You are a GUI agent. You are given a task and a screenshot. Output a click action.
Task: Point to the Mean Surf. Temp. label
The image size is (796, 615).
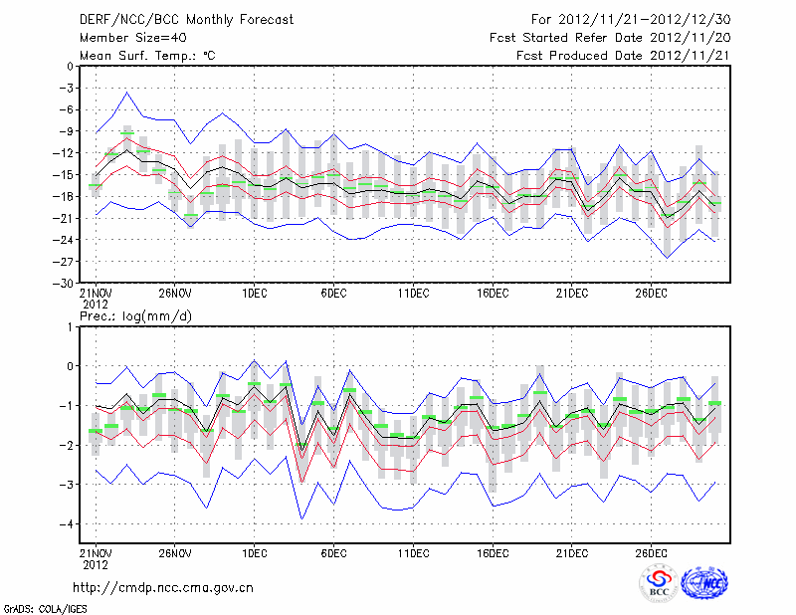147,55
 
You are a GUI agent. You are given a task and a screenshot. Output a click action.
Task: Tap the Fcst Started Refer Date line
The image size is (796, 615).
610,37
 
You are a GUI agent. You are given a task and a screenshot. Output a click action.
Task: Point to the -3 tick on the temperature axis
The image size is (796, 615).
68,88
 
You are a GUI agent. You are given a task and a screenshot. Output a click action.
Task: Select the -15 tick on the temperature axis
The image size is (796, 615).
65,174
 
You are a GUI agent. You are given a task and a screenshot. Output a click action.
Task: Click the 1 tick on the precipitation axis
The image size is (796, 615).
71,326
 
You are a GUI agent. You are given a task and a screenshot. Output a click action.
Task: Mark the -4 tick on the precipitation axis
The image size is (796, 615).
68,523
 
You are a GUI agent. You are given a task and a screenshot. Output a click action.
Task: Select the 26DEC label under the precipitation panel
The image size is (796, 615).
652,552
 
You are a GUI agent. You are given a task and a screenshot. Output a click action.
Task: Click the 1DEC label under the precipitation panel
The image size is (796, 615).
254,552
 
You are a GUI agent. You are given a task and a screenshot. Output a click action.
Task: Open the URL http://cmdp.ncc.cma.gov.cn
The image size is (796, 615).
163,587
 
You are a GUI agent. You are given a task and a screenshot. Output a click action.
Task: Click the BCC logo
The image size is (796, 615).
659,584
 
